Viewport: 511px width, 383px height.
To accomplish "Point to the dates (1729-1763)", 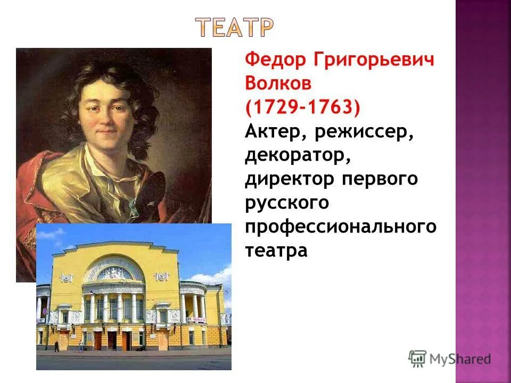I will tap(302, 107).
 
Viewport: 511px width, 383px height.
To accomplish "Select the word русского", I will tap(287, 203).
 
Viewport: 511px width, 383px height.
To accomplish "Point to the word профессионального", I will tap(341, 227).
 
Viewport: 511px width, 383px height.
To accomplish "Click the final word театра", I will tap(276, 251).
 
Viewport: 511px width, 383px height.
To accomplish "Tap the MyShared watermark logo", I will tap(450, 359).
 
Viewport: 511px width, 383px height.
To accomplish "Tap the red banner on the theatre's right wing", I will tap(197, 319).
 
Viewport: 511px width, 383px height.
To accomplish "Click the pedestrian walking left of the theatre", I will tap(56, 346).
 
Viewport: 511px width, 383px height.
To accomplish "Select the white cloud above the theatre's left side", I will tap(51, 234).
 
